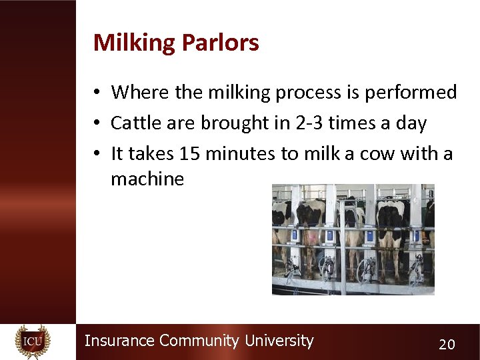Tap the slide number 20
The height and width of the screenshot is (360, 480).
tap(447, 344)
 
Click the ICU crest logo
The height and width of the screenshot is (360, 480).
tap(33, 341)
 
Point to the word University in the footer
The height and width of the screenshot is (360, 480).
tap(279, 341)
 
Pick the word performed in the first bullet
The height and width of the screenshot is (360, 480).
tap(411, 92)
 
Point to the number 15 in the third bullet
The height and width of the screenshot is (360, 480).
tap(190, 154)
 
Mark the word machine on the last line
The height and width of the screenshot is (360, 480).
tap(147, 179)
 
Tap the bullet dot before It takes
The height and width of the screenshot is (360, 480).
tap(97, 155)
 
